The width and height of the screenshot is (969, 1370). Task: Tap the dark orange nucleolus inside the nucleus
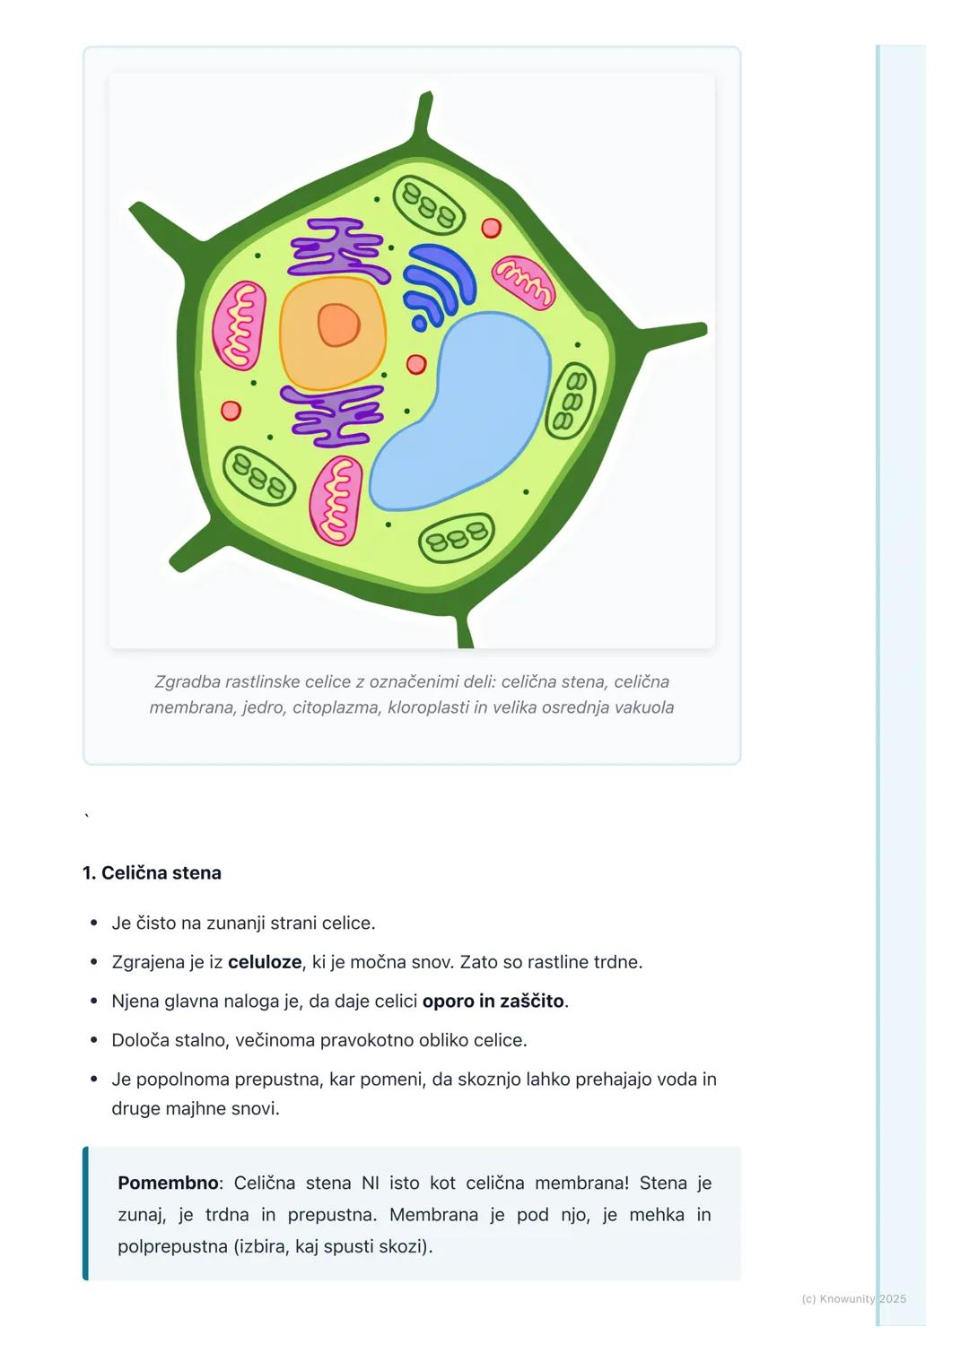click(x=338, y=325)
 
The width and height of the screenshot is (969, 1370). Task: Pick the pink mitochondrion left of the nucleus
click(x=240, y=325)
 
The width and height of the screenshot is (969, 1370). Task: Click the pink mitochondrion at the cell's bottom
click(x=336, y=500)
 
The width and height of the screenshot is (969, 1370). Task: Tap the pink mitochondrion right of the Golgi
click(x=523, y=282)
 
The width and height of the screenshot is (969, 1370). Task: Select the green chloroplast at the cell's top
click(x=429, y=205)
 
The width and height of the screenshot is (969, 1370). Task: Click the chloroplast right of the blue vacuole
click(x=570, y=401)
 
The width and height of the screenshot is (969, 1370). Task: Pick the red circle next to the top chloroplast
click(x=491, y=228)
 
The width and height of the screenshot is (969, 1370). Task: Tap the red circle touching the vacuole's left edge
click(x=416, y=365)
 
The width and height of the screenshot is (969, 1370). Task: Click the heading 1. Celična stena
click(x=152, y=872)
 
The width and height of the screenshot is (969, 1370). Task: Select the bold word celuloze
click(x=265, y=962)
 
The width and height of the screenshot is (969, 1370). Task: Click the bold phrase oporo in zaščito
click(x=493, y=1001)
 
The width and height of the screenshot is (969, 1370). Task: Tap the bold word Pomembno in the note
click(x=168, y=1183)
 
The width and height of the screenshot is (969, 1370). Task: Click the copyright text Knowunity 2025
click(x=863, y=1299)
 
